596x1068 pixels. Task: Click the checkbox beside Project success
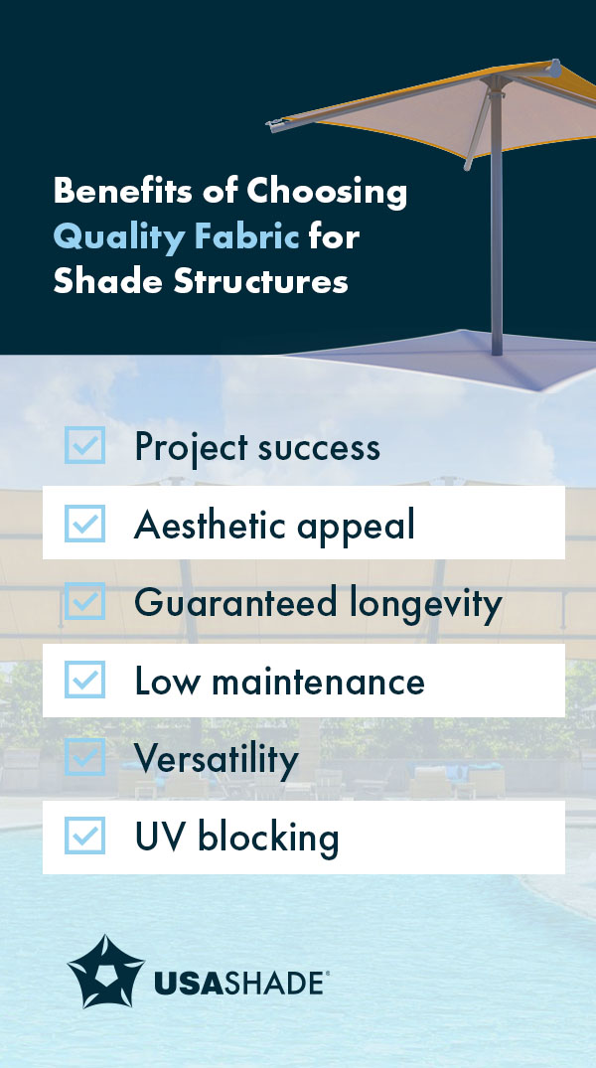tap(84, 445)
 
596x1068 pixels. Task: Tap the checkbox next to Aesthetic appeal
tap(84, 524)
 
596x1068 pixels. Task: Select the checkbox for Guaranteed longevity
tap(84, 602)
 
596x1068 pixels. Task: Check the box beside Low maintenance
tap(84, 681)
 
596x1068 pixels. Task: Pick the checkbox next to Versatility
tap(84, 758)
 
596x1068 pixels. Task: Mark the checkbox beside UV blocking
tap(84, 837)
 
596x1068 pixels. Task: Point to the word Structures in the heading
tap(261, 281)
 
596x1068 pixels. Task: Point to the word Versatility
tap(216, 760)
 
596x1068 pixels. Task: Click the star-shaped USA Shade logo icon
tap(105, 971)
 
